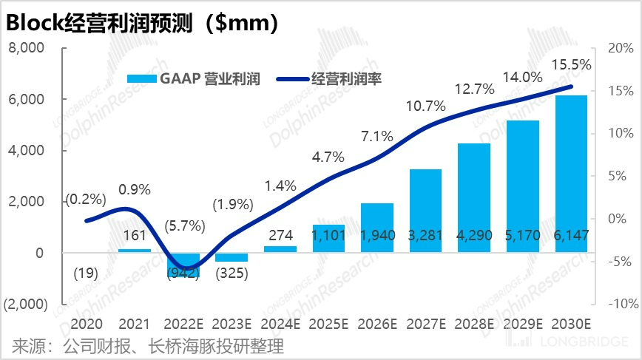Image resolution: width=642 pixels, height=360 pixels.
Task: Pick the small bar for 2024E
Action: pyautogui.click(x=280, y=249)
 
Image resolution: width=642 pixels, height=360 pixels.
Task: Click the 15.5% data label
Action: pyautogui.click(x=572, y=65)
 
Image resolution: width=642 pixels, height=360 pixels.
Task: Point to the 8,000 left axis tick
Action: pyautogui.click(x=27, y=48)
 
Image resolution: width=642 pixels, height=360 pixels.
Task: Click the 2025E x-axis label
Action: pyautogui.click(x=329, y=324)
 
